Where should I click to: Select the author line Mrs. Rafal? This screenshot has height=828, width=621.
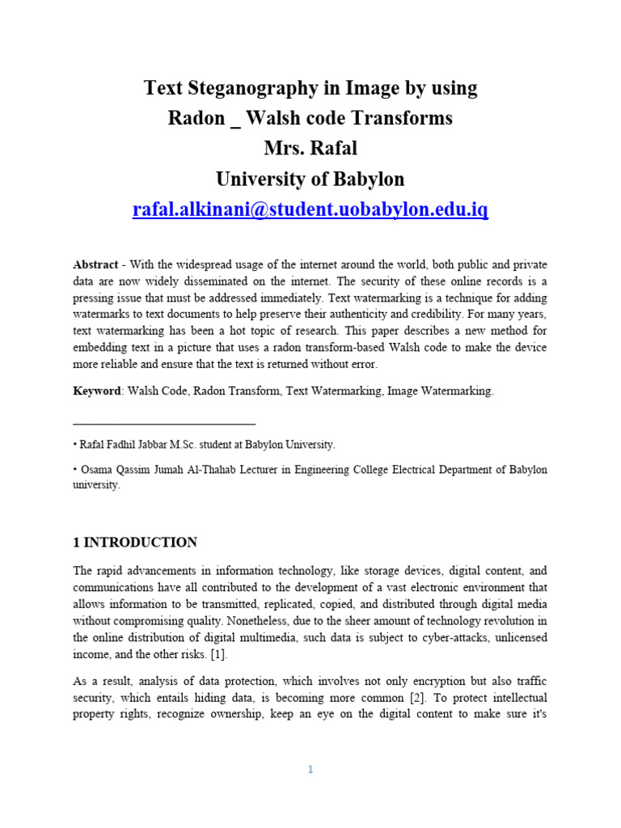coord(310,149)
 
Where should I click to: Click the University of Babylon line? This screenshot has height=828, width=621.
coord(310,180)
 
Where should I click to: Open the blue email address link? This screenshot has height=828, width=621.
coord(310,210)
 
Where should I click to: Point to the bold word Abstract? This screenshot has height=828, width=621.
coord(95,264)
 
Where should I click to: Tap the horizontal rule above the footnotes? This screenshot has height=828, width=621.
coord(164,423)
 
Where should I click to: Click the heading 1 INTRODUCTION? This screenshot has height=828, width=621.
coord(135,543)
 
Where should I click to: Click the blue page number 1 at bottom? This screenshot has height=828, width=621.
coord(310,770)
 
